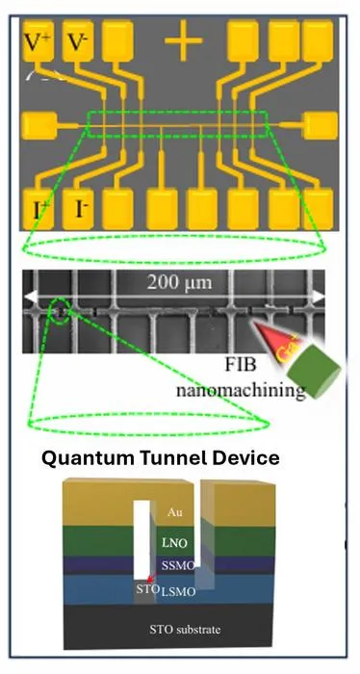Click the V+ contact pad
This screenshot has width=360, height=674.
click(39, 40)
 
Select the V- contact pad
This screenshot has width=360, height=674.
click(78, 40)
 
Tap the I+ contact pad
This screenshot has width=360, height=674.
click(39, 209)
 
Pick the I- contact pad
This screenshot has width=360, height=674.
click(78, 209)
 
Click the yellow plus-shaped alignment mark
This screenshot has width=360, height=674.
click(184, 41)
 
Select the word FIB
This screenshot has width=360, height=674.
click(241, 365)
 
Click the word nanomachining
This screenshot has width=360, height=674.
click(242, 389)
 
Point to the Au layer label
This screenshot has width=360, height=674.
click(173, 512)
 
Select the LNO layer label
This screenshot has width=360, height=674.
click(174, 543)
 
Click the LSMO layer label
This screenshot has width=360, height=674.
click(178, 592)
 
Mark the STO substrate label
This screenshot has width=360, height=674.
click(185, 630)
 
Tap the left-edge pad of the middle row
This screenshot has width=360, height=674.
click(39, 125)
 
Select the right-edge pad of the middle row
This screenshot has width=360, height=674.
click(321, 125)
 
